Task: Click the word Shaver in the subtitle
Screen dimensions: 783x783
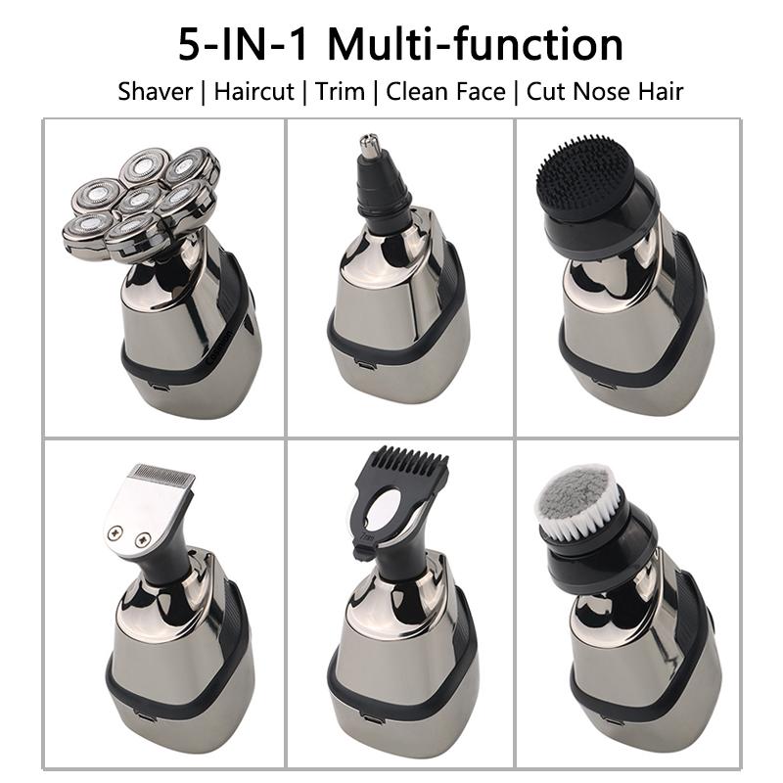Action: (154, 92)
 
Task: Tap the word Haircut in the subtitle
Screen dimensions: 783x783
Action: (255, 92)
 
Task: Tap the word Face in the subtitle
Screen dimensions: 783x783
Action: (474, 92)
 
